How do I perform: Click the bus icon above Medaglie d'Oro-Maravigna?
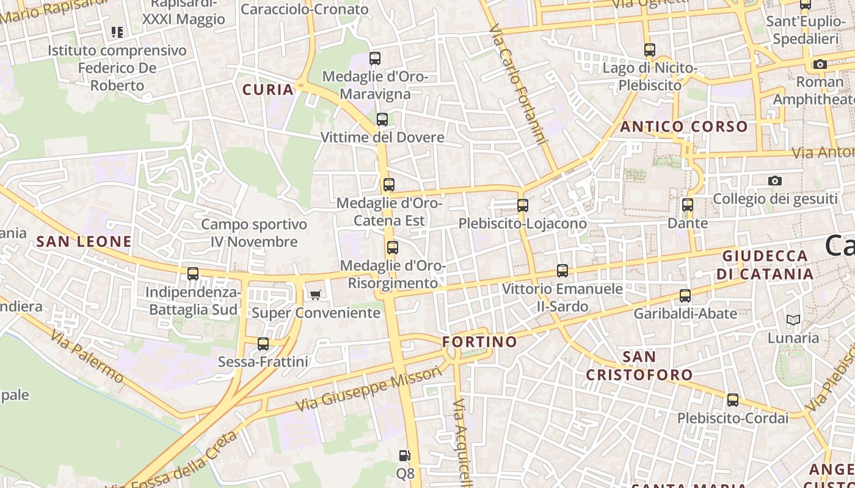pos(375,59)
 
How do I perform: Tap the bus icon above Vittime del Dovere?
pos(382,119)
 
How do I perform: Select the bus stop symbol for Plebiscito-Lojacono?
pos(522,205)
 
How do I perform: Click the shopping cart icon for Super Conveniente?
pos(315,295)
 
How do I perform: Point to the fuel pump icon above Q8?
pos(404,455)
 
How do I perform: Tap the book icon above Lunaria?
pos(793,320)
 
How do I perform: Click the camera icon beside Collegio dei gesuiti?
pos(775,181)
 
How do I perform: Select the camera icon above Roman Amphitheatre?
pos(820,64)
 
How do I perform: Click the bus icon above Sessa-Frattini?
pos(263,344)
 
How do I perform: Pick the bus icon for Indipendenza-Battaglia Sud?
pos(193,274)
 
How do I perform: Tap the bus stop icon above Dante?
pos(688,205)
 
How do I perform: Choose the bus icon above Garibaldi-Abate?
pos(685,296)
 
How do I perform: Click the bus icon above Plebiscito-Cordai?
pos(732,401)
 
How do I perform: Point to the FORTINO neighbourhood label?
pos(479,342)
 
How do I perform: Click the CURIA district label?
pos(268,90)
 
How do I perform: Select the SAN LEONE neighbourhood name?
pos(84,242)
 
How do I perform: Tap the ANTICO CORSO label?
pos(684,127)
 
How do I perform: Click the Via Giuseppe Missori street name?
pos(368,389)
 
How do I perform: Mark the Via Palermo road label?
pos(87,356)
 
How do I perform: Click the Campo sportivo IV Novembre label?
pos(254,233)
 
